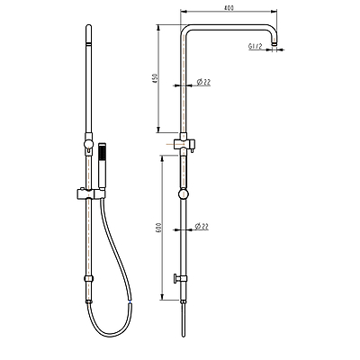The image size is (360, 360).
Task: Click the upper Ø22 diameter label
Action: click(204, 83)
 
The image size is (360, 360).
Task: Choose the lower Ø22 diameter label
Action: click(204, 226)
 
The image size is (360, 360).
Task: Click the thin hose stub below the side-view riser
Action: click(184, 320)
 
